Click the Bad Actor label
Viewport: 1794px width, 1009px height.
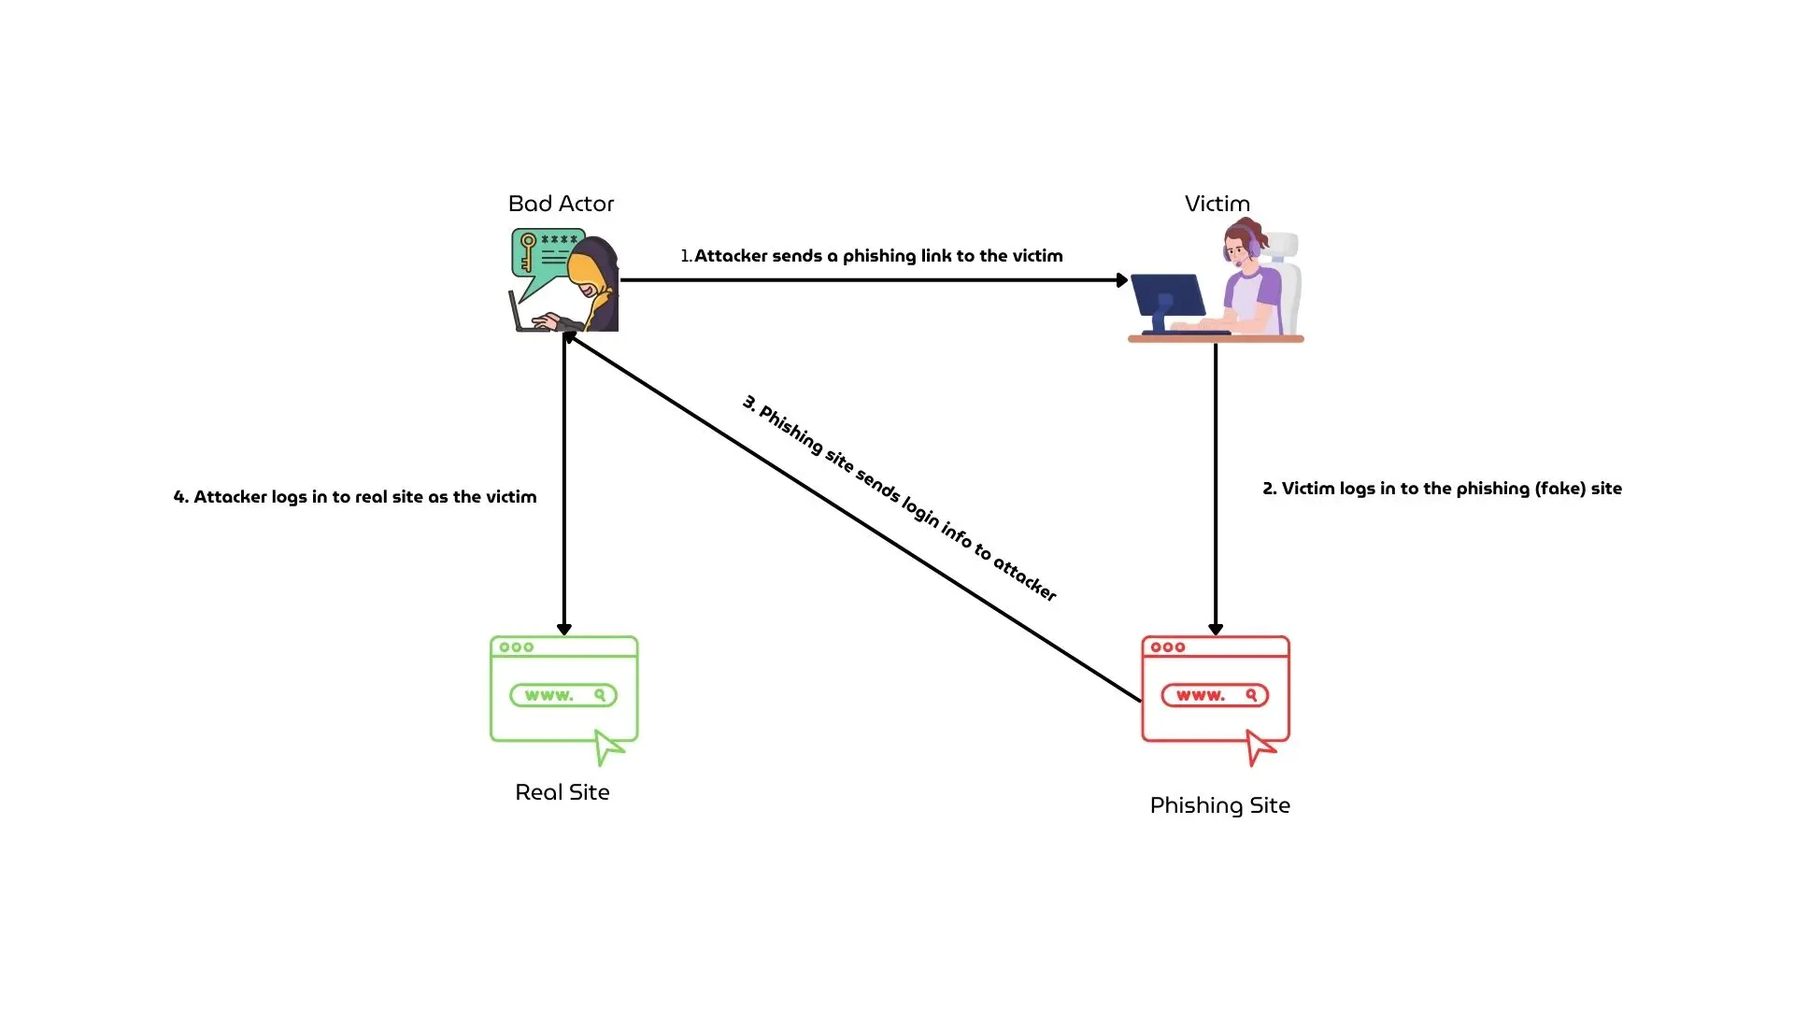[x=561, y=204]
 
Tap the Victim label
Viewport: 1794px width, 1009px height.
[x=1217, y=204]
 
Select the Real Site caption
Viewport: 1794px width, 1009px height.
[x=562, y=792]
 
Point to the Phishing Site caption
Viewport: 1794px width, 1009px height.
[x=1219, y=805]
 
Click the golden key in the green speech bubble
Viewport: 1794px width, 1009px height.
[x=528, y=250]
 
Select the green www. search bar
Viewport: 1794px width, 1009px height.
[x=562, y=695]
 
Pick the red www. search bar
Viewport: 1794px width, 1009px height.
[x=1214, y=695]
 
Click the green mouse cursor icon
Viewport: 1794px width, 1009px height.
[x=607, y=746]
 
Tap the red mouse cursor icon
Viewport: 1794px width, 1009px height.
[x=1259, y=746]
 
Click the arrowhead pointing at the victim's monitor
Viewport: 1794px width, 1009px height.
[x=1122, y=279]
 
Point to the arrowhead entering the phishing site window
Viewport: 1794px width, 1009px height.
[x=1215, y=630]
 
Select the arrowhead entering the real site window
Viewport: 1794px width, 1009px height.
[x=563, y=630]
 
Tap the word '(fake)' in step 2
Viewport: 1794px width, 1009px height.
[x=1559, y=489]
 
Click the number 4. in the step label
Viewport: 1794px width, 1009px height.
[x=181, y=497]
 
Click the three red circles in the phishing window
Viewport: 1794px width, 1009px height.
[x=1168, y=647]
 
